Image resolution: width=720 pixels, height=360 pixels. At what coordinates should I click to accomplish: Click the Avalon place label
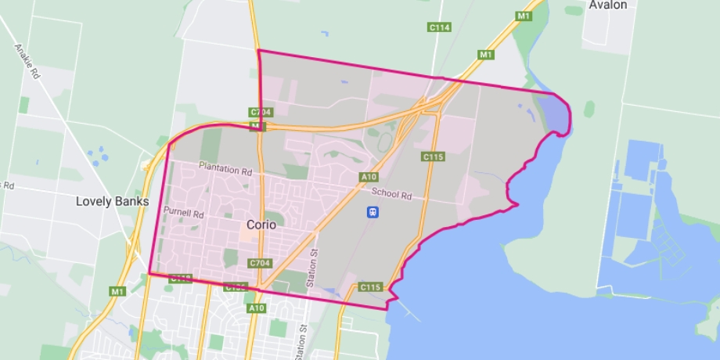608,5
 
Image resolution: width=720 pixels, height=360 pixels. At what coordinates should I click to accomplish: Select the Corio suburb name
261,224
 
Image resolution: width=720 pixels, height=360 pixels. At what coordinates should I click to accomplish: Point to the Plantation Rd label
225,167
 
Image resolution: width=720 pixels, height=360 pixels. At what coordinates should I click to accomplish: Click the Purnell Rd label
184,212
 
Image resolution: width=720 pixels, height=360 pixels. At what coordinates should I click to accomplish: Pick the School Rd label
391,194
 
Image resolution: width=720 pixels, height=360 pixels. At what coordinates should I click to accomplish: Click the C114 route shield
439,27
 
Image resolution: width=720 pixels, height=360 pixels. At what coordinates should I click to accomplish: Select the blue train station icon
373,211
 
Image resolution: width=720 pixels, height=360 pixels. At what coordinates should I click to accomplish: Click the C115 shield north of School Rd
433,157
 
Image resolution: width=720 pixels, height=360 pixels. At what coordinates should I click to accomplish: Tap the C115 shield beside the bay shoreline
370,288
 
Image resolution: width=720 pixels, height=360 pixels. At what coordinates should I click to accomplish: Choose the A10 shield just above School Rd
369,178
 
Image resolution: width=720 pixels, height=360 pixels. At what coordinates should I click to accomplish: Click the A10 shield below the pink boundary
257,308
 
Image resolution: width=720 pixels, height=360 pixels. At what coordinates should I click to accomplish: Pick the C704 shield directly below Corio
259,264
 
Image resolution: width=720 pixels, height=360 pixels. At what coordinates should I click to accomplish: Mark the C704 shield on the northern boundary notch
259,113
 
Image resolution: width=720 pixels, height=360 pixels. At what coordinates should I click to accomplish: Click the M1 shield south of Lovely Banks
117,292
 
